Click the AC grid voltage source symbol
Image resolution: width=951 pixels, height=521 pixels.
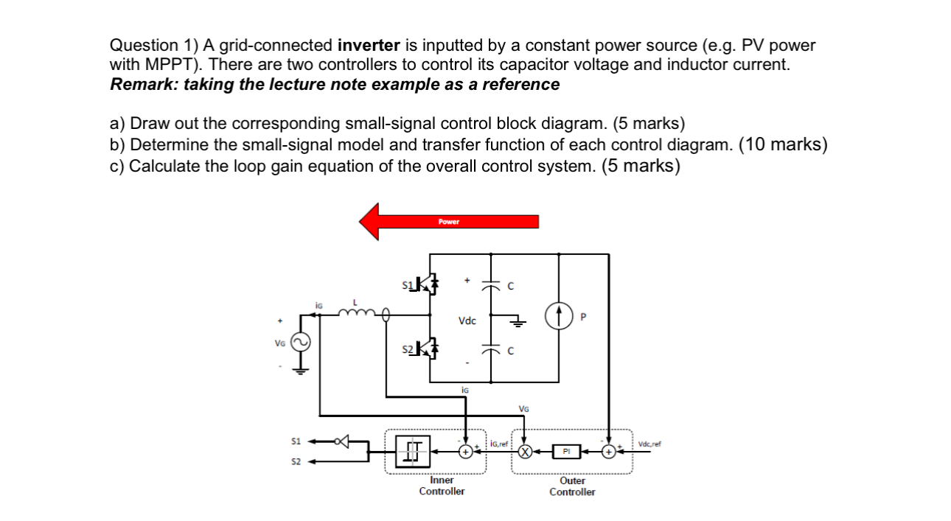pos(301,343)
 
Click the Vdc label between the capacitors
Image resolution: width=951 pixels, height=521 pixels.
pos(467,321)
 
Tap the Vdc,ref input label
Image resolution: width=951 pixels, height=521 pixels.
pos(650,444)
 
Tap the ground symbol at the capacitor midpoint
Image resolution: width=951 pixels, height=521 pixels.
pos(520,322)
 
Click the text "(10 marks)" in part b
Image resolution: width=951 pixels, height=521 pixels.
pos(783,144)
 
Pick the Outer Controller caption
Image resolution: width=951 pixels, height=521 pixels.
pos(572,486)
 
